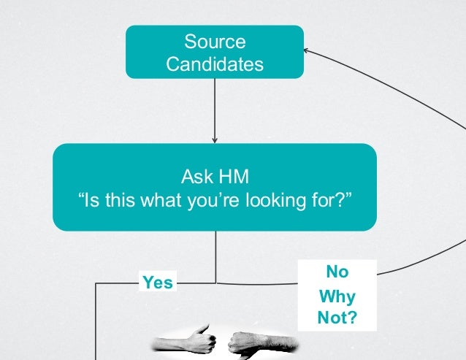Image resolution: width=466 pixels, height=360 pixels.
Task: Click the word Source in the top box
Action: (x=214, y=42)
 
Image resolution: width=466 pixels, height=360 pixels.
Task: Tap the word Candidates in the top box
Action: (x=215, y=64)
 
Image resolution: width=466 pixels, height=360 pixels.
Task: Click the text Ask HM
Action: (x=215, y=176)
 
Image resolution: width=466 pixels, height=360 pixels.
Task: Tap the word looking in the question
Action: (x=280, y=199)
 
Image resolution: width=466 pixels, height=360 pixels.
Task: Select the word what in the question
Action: (x=166, y=199)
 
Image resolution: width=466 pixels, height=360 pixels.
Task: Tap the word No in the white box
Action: (x=337, y=272)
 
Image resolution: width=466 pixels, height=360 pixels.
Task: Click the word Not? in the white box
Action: (x=337, y=319)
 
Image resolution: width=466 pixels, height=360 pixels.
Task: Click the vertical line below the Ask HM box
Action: (x=215, y=256)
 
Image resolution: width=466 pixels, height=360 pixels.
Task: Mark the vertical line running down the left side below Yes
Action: (x=96, y=321)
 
